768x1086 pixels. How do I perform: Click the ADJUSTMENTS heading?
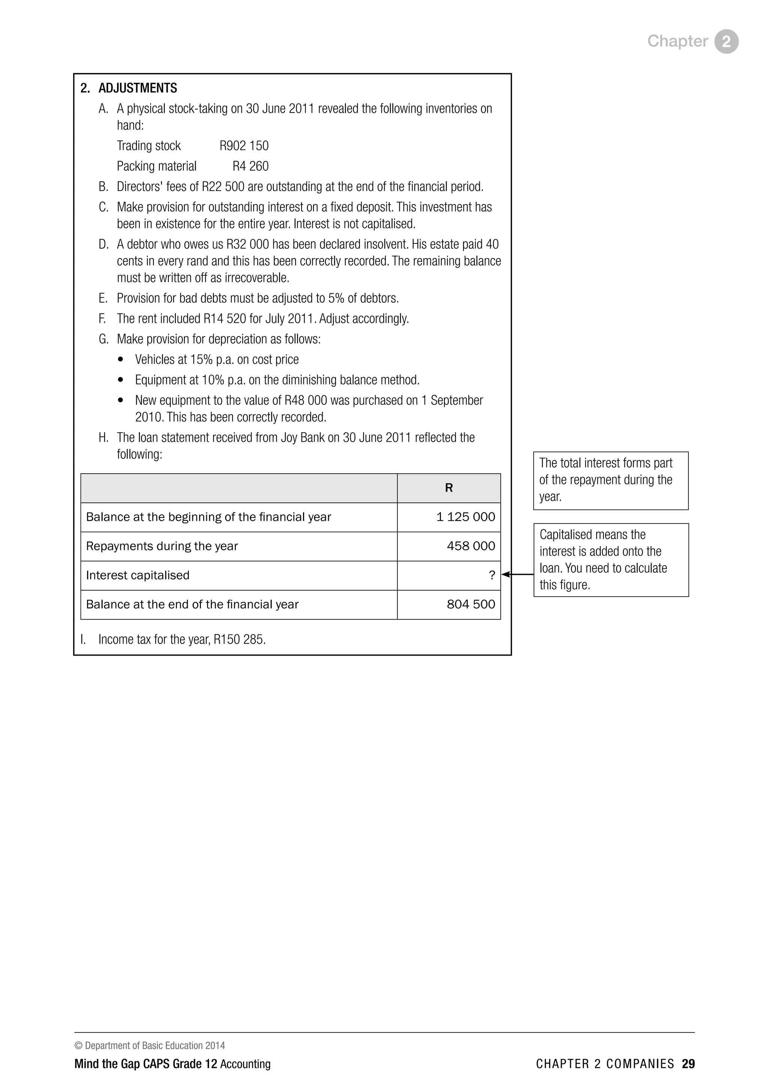pyautogui.click(x=138, y=88)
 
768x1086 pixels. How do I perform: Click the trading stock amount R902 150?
pyautogui.click(x=244, y=145)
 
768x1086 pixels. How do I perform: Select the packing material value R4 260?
pyautogui.click(x=250, y=166)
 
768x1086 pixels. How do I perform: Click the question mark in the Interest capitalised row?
pyautogui.click(x=492, y=575)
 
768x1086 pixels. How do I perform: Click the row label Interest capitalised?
pyautogui.click(x=138, y=575)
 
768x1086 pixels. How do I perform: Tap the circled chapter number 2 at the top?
pyautogui.click(x=726, y=42)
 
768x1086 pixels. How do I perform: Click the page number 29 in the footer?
pyautogui.click(x=688, y=1064)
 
